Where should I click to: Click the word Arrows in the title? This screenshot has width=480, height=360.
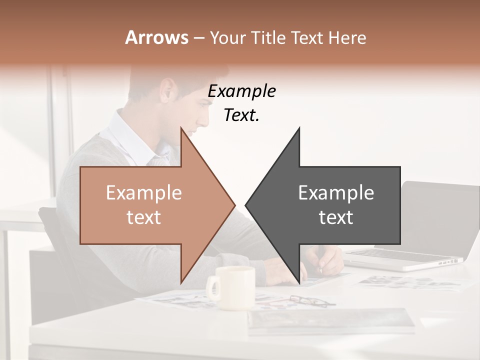point(156,37)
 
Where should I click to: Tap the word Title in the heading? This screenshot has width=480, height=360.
point(269,38)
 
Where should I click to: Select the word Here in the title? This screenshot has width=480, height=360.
point(347,38)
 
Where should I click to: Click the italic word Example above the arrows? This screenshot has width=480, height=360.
point(241,91)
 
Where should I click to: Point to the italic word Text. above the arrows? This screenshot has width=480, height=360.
point(241,115)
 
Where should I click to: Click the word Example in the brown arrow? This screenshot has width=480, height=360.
point(144,193)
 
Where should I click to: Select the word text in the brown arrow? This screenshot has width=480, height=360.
point(144,217)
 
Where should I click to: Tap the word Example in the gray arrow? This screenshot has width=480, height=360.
point(336,193)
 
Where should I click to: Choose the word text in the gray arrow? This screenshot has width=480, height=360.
point(336,217)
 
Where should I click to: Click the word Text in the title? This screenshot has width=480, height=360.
point(307,38)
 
